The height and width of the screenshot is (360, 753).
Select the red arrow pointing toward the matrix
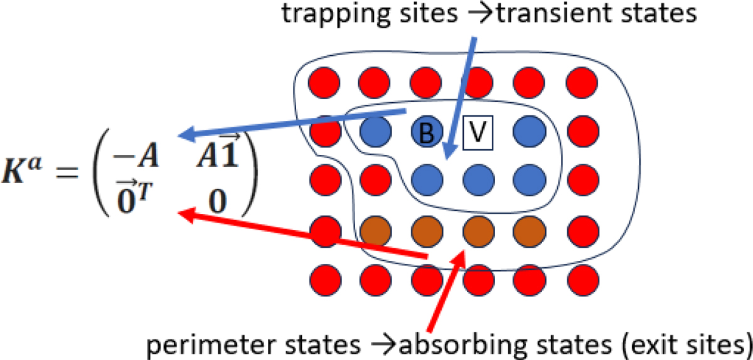(x=301, y=236)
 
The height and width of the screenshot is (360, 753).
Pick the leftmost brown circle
(x=375, y=230)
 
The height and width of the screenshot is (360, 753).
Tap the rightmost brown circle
(x=526, y=230)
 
